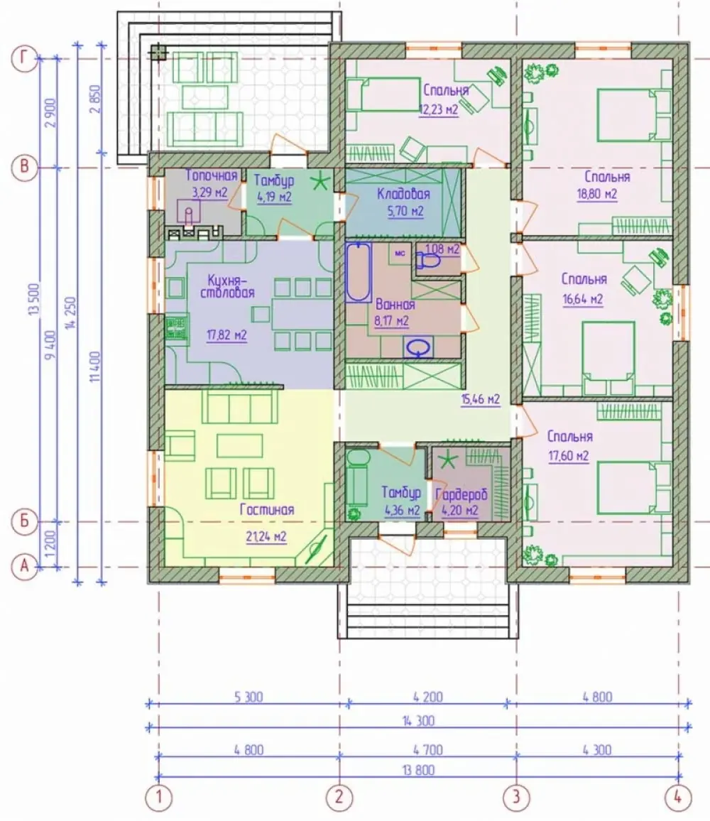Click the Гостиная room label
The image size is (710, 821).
[x=266, y=509]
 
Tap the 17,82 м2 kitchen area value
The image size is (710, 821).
[x=226, y=335]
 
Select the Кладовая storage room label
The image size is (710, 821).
[x=403, y=195]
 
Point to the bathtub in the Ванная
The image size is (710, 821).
[x=359, y=271]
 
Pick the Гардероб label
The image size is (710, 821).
[x=461, y=494]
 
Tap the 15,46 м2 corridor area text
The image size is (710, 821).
[x=480, y=400]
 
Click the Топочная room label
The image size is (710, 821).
[x=212, y=175]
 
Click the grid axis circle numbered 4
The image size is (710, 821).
[x=677, y=798]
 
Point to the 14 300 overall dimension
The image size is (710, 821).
[x=419, y=722]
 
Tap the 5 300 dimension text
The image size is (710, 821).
[x=248, y=697]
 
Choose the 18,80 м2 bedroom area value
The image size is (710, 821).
[x=597, y=195]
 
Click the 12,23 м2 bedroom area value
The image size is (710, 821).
[x=439, y=109]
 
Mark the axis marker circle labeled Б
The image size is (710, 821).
[x=24, y=521]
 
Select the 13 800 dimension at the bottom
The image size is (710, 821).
[x=419, y=770]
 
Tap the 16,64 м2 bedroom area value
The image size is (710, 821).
[x=583, y=299]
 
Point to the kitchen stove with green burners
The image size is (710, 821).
[x=177, y=328]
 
